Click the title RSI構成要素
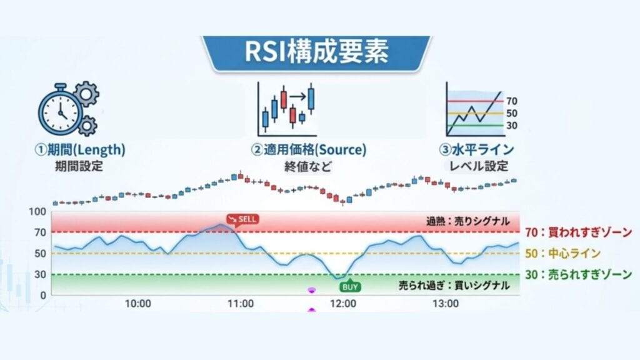point(317,52)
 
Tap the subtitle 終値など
point(309,167)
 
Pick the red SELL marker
point(242,219)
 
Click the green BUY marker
point(349,287)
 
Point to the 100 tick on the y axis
point(38,212)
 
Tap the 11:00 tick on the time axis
point(240,304)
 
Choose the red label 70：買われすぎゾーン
point(578,232)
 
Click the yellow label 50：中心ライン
point(562,253)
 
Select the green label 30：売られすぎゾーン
point(578,274)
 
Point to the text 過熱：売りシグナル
point(467,221)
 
